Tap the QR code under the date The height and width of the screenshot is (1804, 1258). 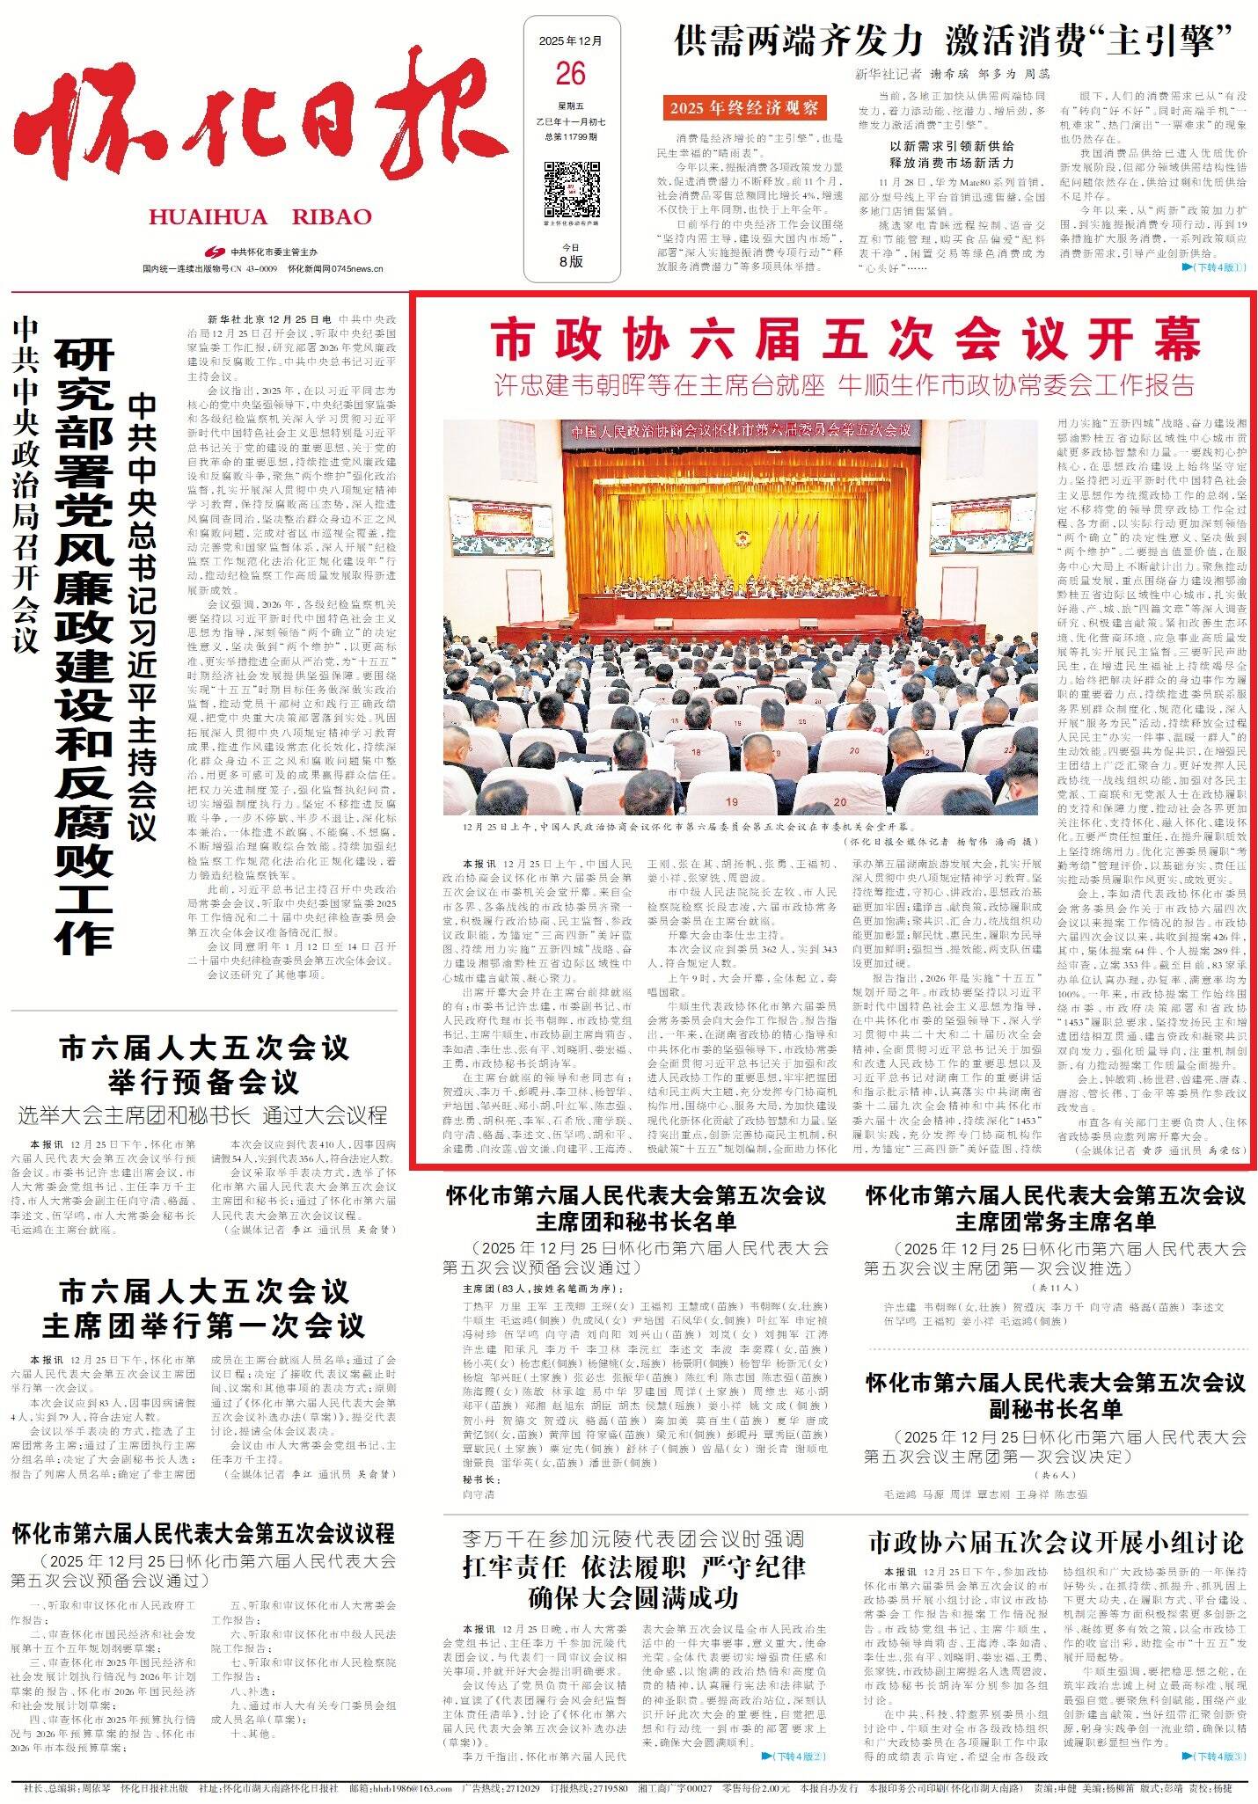click(x=570, y=188)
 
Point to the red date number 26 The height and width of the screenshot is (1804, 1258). click(x=570, y=74)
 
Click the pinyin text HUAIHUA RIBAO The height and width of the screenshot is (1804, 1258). click(x=260, y=217)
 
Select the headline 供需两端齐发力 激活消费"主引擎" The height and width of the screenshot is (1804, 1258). click(x=963, y=41)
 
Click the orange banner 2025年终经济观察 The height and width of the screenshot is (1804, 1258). click(x=743, y=108)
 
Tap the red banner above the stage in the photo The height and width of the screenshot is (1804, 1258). click(x=739, y=432)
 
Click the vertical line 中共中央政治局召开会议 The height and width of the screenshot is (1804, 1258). click(x=27, y=484)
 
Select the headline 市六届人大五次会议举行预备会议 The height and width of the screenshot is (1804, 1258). click(x=203, y=1064)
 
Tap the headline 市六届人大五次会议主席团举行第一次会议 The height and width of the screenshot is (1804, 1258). click(x=203, y=1309)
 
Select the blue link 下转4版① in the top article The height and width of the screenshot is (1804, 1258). click(x=1214, y=267)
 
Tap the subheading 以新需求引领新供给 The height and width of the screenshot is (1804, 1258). click(x=952, y=146)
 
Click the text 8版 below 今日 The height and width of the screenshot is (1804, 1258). click(x=570, y=261)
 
